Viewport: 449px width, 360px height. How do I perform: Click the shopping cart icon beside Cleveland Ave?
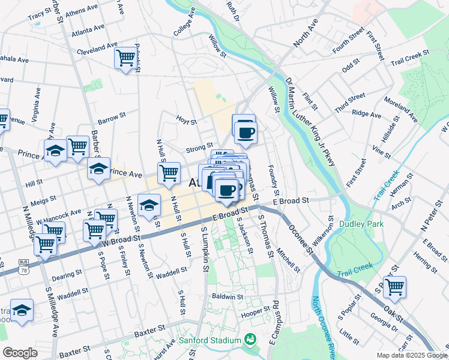point(125,58)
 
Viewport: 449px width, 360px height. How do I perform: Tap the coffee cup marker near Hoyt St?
point(244,131)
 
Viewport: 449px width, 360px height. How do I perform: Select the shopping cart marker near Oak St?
point(394,287)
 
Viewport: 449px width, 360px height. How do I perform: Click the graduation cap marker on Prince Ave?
point(99,169)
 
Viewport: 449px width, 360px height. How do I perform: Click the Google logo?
point(20,353)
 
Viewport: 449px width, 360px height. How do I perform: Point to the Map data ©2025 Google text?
point(411,355)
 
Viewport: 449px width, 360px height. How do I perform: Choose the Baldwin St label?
point(227,296)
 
